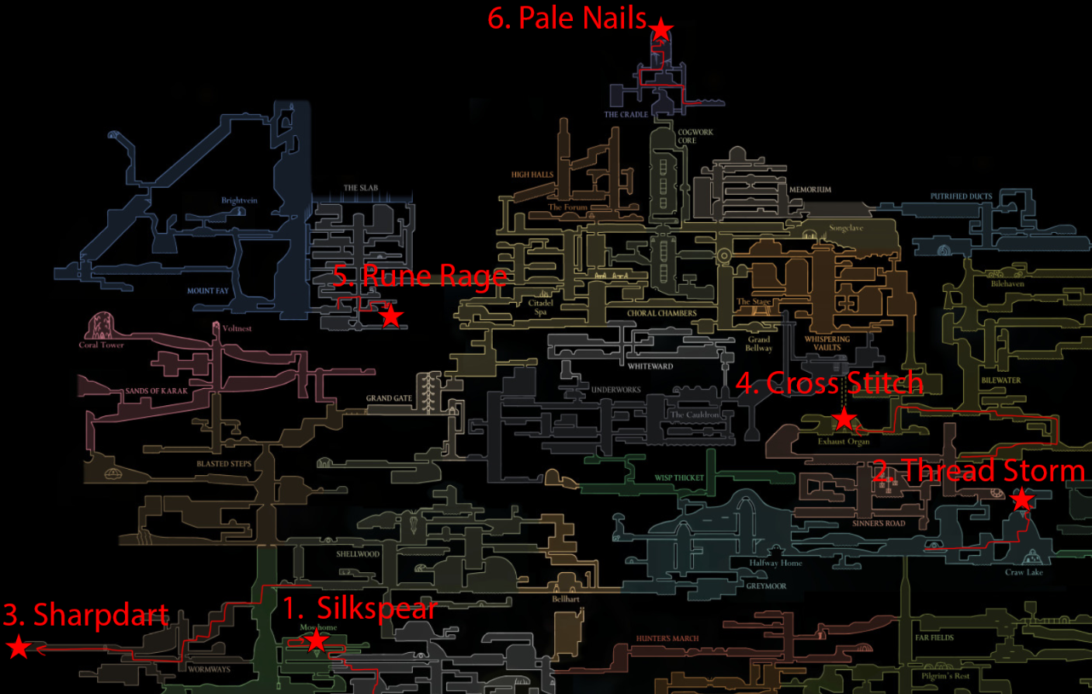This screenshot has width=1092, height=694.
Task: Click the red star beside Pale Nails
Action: click(x=660, y=29)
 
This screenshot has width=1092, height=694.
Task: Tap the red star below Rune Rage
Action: click(x=391, y=316)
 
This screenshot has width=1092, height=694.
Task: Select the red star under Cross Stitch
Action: click(x=844, y=419)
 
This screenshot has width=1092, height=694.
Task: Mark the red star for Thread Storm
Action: click(x=1022, y=499)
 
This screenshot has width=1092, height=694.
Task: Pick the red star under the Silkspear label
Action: click(x=316, y=640)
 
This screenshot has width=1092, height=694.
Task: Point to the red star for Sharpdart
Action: click(x=18, y=647)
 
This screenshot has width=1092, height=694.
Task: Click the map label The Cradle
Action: click(x=626, y=114)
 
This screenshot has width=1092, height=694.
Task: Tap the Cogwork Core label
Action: click(x=695, y=136)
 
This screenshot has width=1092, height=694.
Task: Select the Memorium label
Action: click(x=809, y=189)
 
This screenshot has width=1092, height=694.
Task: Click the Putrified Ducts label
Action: click(x=961, y=196)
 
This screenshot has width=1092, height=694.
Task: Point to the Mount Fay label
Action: click(x=207, y=291)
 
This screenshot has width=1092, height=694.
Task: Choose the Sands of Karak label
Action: click(x=156, y=390)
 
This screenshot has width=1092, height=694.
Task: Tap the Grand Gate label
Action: click(x=389, y=398)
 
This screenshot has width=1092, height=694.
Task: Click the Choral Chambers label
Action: click(x=661, y=314)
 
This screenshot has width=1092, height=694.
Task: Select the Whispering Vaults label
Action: click(x=827, y=343)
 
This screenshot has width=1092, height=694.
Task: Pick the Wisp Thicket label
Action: click(x=678, y=478)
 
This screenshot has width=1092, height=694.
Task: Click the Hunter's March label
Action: click(x=667, y=639)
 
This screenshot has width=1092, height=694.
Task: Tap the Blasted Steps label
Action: click(x=224, y=464)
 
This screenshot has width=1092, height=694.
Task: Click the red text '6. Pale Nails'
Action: click(x=567, y=18)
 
